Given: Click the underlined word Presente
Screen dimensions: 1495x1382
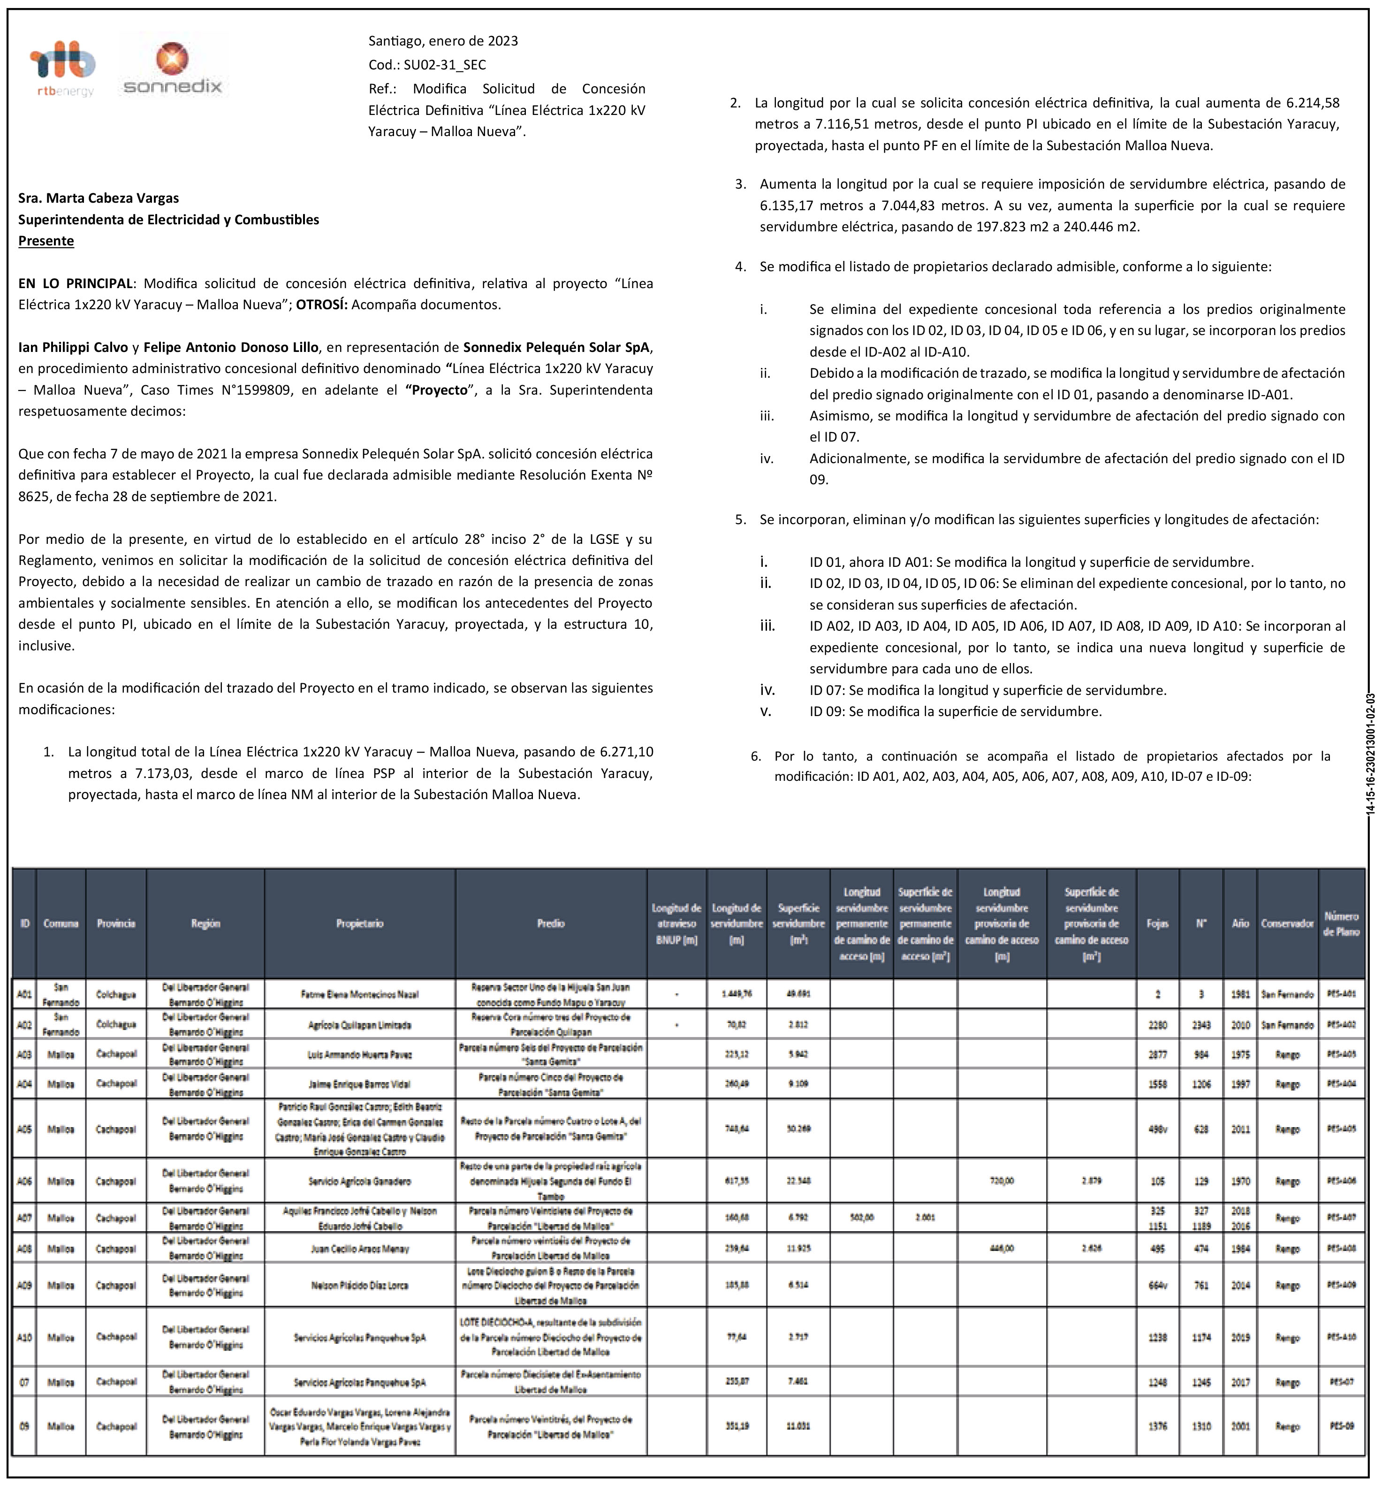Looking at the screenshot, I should [x=46, y=241].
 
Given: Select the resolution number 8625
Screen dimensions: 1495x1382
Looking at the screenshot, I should [x=34, y=496].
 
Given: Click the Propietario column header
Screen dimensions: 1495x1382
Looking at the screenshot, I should [x=360, y=923].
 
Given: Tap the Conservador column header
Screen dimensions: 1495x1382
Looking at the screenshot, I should [x=1287, y=923].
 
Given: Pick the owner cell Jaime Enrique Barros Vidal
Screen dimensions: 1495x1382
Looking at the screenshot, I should [x=360, y=1084].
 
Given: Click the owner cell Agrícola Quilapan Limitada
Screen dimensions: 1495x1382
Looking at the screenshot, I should [x=360, y=1025].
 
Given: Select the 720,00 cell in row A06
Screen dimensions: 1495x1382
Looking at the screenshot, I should [x=1002, y=1182].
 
